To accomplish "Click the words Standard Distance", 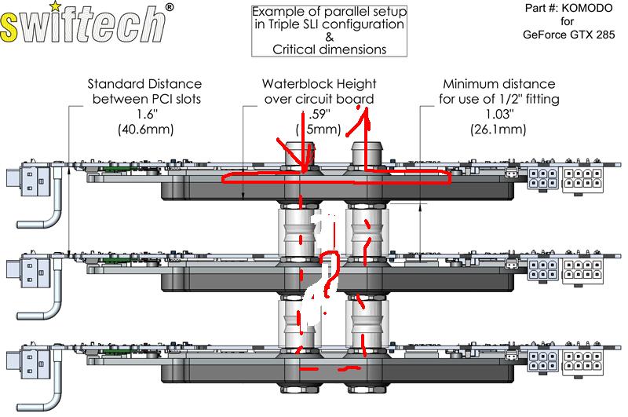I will point(144,84).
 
